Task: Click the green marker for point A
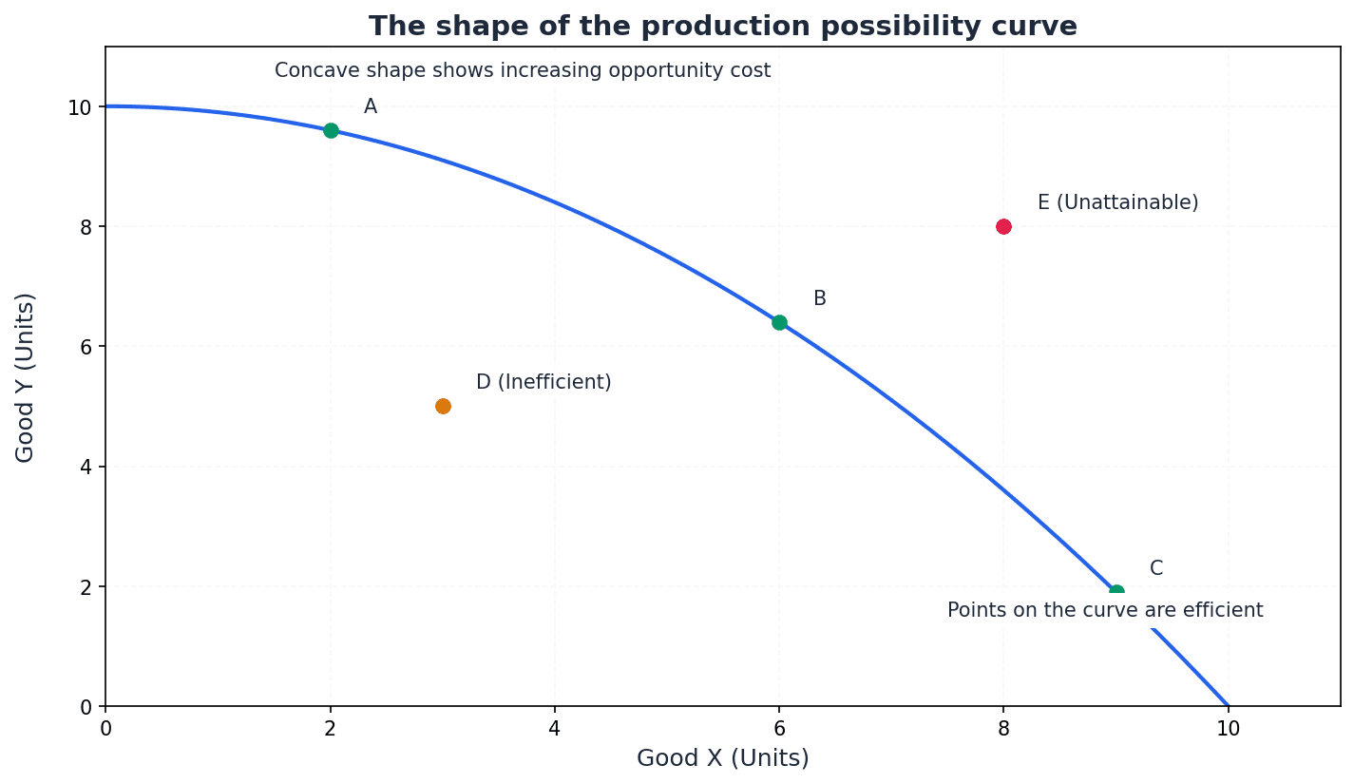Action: click(331, 130)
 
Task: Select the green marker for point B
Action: click(779, 322)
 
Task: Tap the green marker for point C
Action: click(1116, 592)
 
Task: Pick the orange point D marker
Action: click(443, 406)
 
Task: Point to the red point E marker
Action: click(1003, 226)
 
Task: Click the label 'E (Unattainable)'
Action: click(1117, 202)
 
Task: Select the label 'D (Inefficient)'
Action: click(544, 382)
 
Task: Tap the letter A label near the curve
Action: click(371, 106)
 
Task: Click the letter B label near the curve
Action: click(819, 298)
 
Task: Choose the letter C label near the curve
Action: click(1155, 568)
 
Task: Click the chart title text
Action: click(722, 27)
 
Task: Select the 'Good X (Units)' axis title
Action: click(722, 758)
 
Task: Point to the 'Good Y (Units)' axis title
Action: click(26, 377)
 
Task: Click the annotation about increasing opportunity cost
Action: click(523, 70)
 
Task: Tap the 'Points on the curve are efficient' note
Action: click(1105, 610)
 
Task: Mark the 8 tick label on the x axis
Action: click(1003, 729)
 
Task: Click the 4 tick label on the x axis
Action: click(554, 729)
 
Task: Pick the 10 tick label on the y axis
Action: click(80, 107)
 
